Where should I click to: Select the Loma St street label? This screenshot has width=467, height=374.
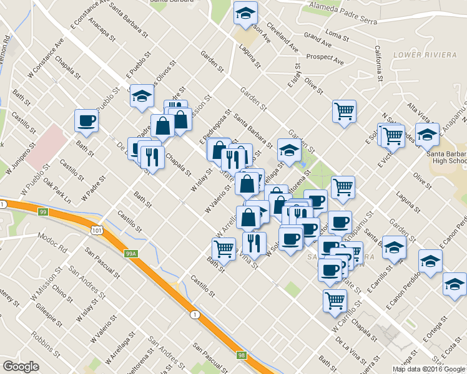pos(337,32)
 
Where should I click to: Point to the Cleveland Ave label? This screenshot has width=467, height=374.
pos(282,36)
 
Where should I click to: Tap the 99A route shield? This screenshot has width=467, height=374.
pos(130,254)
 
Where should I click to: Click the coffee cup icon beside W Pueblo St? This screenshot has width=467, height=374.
pos(86,120)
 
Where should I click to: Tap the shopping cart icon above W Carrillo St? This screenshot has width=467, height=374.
pos(335,300)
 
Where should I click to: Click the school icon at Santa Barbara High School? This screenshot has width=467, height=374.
pos(427,134)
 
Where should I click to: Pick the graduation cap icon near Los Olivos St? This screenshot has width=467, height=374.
pos(143,95)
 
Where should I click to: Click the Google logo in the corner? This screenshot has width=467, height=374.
pos(21,367)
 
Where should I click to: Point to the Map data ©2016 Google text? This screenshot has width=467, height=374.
pos(428,368)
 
